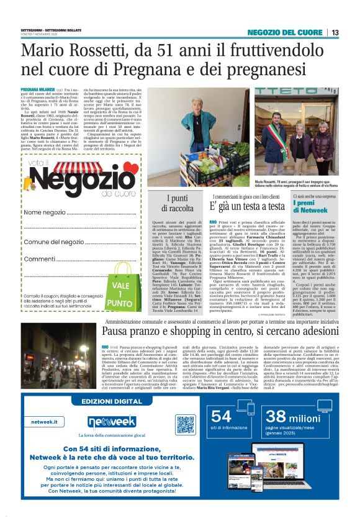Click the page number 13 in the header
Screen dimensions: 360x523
(335, 33)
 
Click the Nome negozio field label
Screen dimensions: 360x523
(45, 212)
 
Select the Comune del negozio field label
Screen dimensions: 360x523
(55, 242)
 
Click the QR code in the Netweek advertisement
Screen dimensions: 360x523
(186, 424)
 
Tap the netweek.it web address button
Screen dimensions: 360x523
(47, 421)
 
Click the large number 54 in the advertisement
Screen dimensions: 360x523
(222, 416)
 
